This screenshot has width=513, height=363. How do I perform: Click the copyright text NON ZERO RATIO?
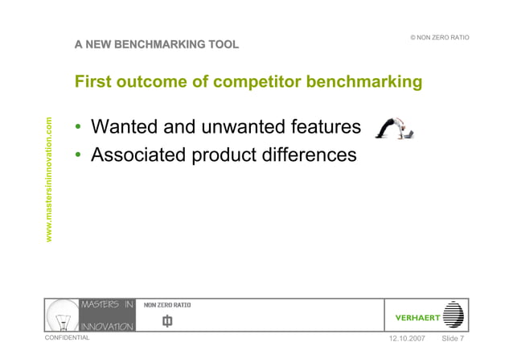(x=439, y=39)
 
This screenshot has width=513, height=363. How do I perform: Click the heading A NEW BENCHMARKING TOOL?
(x=157, y=44)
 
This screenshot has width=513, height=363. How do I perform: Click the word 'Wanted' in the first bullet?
(x=129, y=127)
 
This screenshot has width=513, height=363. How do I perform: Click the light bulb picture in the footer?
(x=62, y=315)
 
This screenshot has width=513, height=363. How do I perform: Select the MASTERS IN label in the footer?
(x=107, y=304)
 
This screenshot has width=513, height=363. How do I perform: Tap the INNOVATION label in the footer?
(x=107, y=326)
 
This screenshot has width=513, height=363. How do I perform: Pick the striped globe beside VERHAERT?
(x=454, y=315)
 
